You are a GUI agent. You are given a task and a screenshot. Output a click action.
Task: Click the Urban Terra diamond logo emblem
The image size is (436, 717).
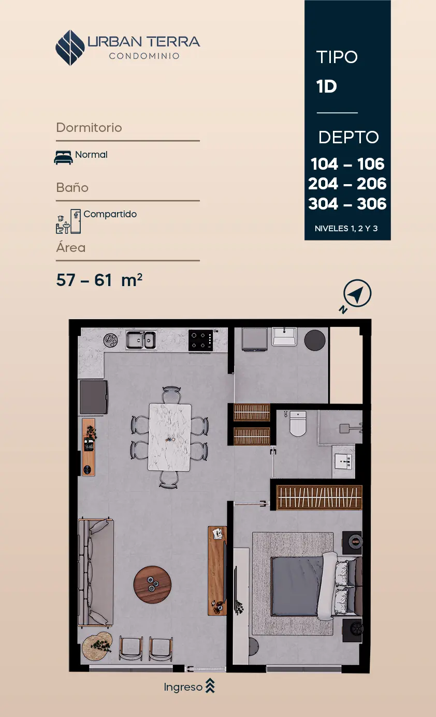70,48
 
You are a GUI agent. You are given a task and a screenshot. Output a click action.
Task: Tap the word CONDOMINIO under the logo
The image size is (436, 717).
144,56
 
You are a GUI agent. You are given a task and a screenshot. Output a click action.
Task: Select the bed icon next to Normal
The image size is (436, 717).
63,157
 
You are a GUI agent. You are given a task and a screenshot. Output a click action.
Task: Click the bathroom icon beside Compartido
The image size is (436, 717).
68,221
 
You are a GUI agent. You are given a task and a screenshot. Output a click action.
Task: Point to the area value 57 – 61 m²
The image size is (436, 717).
99,280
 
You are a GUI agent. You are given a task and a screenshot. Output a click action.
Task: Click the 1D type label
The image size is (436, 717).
326,86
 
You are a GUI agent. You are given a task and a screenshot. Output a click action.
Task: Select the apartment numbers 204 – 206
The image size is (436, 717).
347,184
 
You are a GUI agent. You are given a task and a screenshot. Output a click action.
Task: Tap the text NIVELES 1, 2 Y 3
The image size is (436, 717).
346,229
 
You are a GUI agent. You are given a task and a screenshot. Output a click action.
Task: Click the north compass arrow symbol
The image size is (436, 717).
357,293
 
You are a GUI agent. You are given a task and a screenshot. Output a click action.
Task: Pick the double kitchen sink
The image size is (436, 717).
141,339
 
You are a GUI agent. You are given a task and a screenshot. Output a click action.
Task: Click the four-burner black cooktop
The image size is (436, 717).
201,340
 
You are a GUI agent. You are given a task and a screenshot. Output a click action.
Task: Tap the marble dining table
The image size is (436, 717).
170,437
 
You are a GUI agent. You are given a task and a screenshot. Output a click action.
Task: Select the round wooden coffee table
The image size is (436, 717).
152,585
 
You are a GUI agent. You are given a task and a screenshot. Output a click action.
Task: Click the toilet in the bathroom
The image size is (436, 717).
298,424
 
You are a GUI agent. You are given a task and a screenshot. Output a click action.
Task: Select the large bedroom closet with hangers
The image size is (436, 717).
319,497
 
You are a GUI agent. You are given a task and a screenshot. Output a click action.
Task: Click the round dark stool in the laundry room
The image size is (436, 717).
315,340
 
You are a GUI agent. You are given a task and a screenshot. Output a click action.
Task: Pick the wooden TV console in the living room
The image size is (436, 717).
217,571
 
